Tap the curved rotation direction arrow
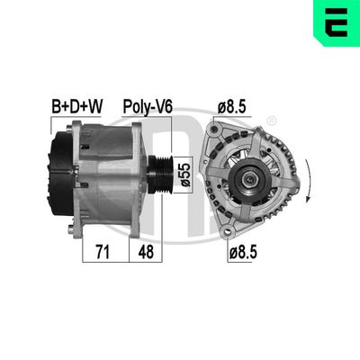pyautogui.click(x=310, y=180)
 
